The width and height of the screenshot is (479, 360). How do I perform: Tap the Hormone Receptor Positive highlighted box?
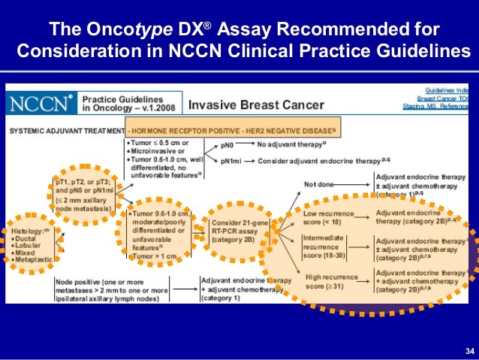tap(233, 129)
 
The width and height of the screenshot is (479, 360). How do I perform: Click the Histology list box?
tap(31, 238)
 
